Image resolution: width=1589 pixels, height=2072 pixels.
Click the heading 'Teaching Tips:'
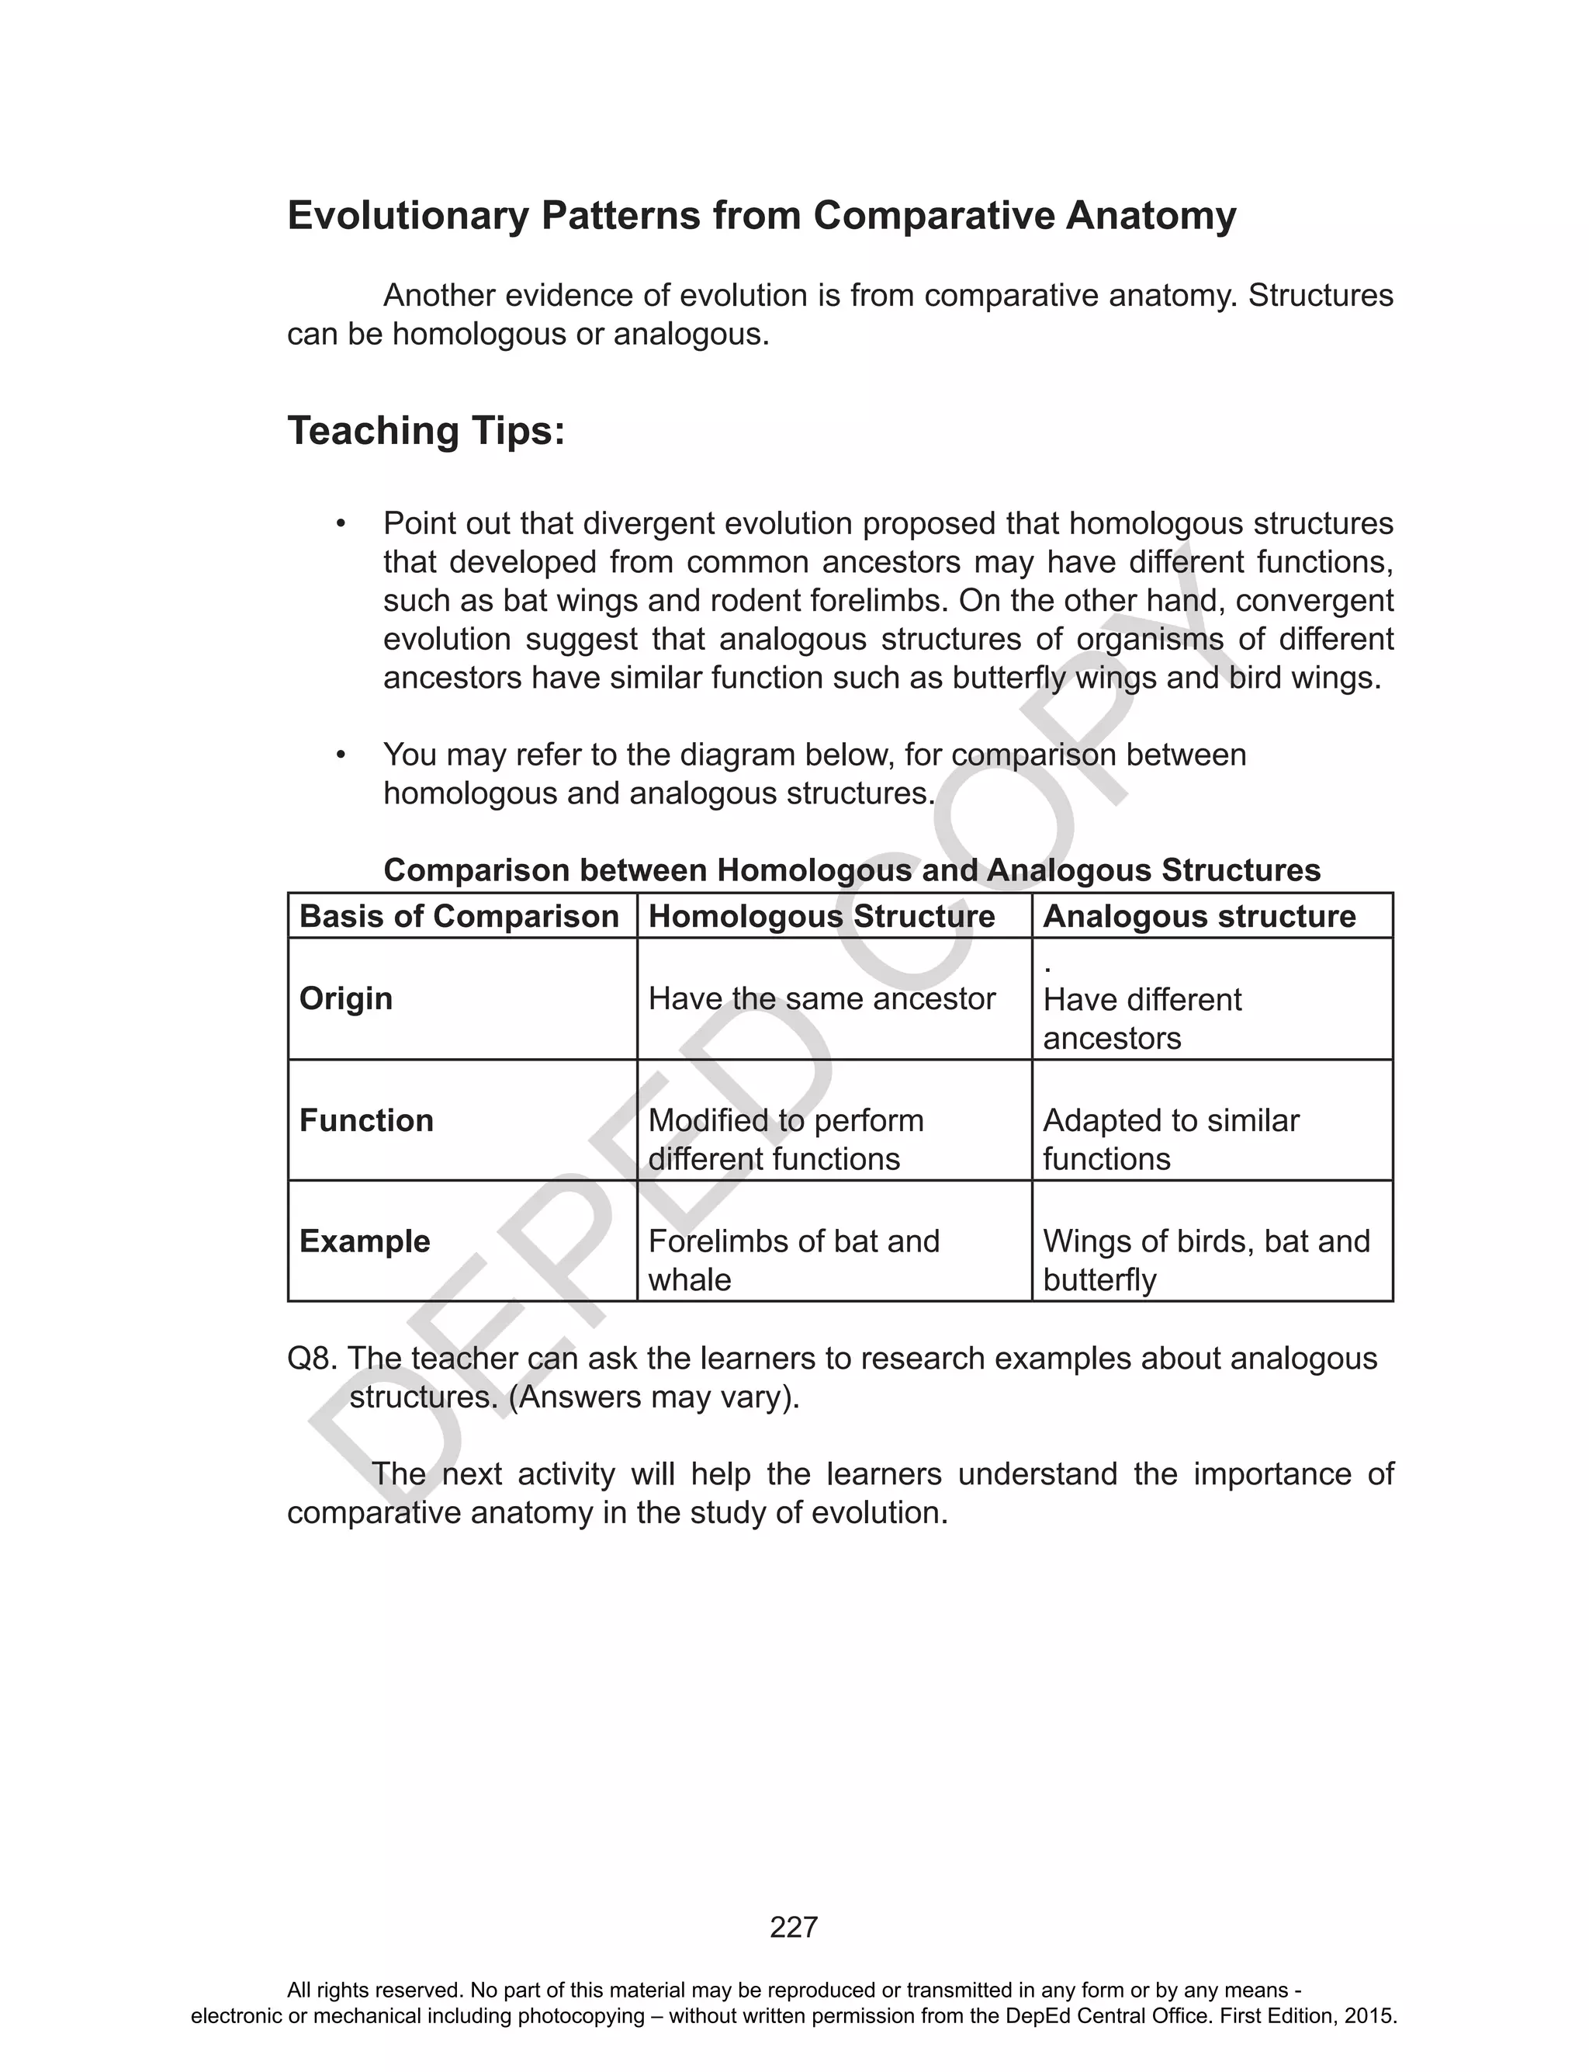[426, 432]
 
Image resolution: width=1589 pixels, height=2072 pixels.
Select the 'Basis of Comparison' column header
[459, 916]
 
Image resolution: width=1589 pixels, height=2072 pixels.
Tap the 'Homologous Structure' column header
[821, 916]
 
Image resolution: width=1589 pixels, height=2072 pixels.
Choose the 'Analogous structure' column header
[1199, 916]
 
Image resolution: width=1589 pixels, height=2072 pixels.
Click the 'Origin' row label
[345, 998]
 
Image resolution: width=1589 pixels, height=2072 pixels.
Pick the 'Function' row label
[366, 1120]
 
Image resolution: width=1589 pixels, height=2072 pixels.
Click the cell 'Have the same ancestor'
[821, 998]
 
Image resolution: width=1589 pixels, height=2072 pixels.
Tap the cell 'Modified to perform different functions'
[785, 1139]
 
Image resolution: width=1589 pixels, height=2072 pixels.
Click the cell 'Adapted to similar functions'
[1170, 1139]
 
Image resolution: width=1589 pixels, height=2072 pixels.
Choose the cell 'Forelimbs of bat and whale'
[793, 1260]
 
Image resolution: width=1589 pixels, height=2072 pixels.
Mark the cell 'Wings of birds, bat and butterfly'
[1205, 1260]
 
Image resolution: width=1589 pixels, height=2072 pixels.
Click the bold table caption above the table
[851, 870]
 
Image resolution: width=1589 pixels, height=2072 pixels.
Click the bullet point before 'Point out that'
[341, 524]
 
